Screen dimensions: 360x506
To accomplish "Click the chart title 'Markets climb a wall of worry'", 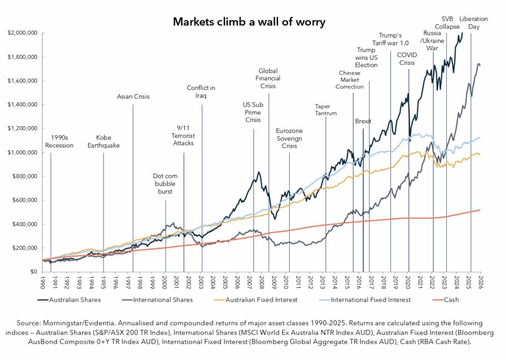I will click(x=249, y=22).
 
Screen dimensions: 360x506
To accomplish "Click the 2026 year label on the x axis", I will click(x=481, y=281).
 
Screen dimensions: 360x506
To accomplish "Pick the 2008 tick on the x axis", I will click(x=262, y=281).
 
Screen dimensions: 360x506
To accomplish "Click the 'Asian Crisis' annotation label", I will click(x=133, y=96).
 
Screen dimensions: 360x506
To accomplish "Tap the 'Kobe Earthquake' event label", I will click(x=103, y=141).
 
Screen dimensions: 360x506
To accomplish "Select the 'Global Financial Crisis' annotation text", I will click(x=268, y=79).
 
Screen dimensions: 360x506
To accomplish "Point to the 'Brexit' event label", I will click(x=363, y=121).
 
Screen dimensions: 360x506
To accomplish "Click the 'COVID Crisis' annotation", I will click(x=408, y=59).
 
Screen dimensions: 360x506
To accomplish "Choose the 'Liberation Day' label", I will click(x=473, y=23).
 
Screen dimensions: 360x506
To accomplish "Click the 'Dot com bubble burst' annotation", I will click(x=165, y=183).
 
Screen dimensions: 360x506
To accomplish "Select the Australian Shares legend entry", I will click(x=69, y=300).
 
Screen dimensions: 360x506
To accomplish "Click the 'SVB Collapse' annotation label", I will click(x=447, y=23).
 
